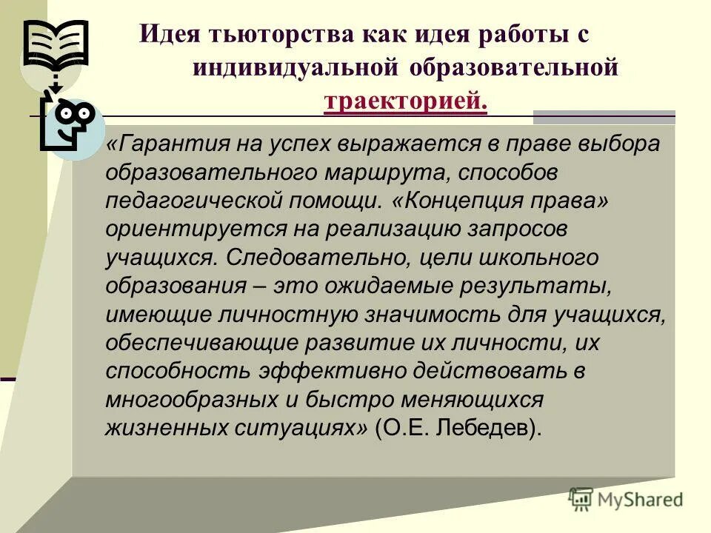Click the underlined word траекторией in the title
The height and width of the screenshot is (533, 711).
(406, 101)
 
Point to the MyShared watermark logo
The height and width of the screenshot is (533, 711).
(626, 499)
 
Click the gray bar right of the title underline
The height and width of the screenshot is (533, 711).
(604, 117)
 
